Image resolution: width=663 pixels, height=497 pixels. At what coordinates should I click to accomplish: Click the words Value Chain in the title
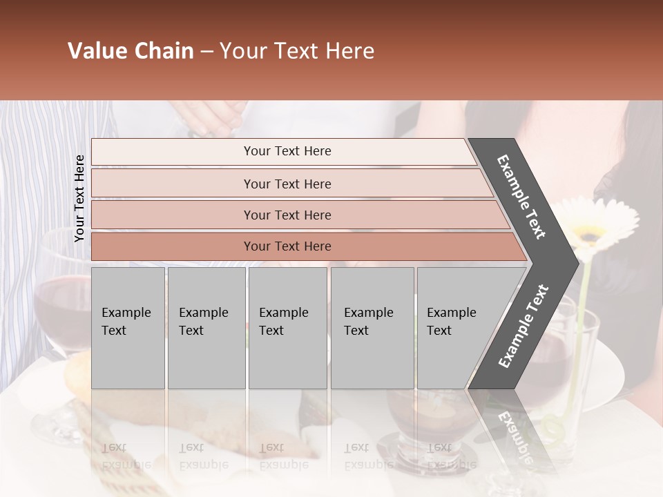(131, 51)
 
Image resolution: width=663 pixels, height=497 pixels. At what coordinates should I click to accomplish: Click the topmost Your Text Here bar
(287, 151)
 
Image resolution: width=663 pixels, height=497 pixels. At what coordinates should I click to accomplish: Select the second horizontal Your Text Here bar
(287, 184)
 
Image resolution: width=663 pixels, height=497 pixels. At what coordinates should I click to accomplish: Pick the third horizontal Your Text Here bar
(287, 215)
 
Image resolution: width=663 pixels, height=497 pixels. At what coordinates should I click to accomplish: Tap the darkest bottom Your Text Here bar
(287, 246)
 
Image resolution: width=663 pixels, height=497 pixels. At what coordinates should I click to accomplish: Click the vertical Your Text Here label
(79, 199)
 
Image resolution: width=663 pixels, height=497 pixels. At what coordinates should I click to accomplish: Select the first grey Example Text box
(128, 327)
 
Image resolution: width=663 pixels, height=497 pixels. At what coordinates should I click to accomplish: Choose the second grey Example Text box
(206, 327)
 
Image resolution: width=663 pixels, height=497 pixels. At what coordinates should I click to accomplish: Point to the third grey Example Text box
(287, 327)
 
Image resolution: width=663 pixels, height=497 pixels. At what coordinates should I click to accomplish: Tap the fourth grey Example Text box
(372, 327)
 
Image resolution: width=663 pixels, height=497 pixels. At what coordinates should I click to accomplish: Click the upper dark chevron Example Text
(521, 197)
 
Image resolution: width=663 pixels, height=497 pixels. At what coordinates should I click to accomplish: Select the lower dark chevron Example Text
(523, 327)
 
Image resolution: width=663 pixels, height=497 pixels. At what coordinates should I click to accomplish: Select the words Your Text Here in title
(297, 51)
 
